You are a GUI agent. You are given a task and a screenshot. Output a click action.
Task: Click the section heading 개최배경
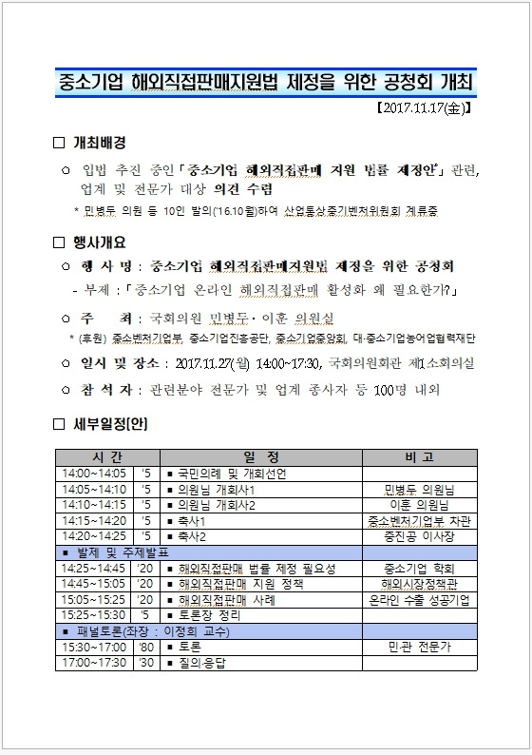click(100, 143)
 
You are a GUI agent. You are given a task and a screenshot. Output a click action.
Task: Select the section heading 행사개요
click(100, 242)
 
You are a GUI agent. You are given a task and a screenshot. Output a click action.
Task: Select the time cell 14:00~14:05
click(93, 474)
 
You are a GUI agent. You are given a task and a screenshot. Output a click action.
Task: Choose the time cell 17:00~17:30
click(93, 663)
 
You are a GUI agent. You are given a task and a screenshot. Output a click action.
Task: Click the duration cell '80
click(144, 647)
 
